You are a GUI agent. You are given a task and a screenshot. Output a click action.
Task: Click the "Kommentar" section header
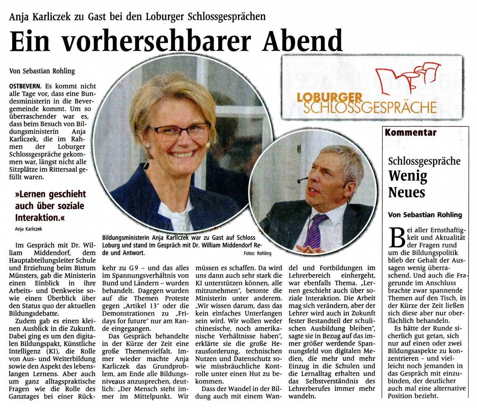pos(411,133)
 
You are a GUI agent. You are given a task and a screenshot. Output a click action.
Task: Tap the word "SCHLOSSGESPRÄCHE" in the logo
pos(370,107)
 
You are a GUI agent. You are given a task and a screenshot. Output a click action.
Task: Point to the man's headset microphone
pos(302,180)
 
